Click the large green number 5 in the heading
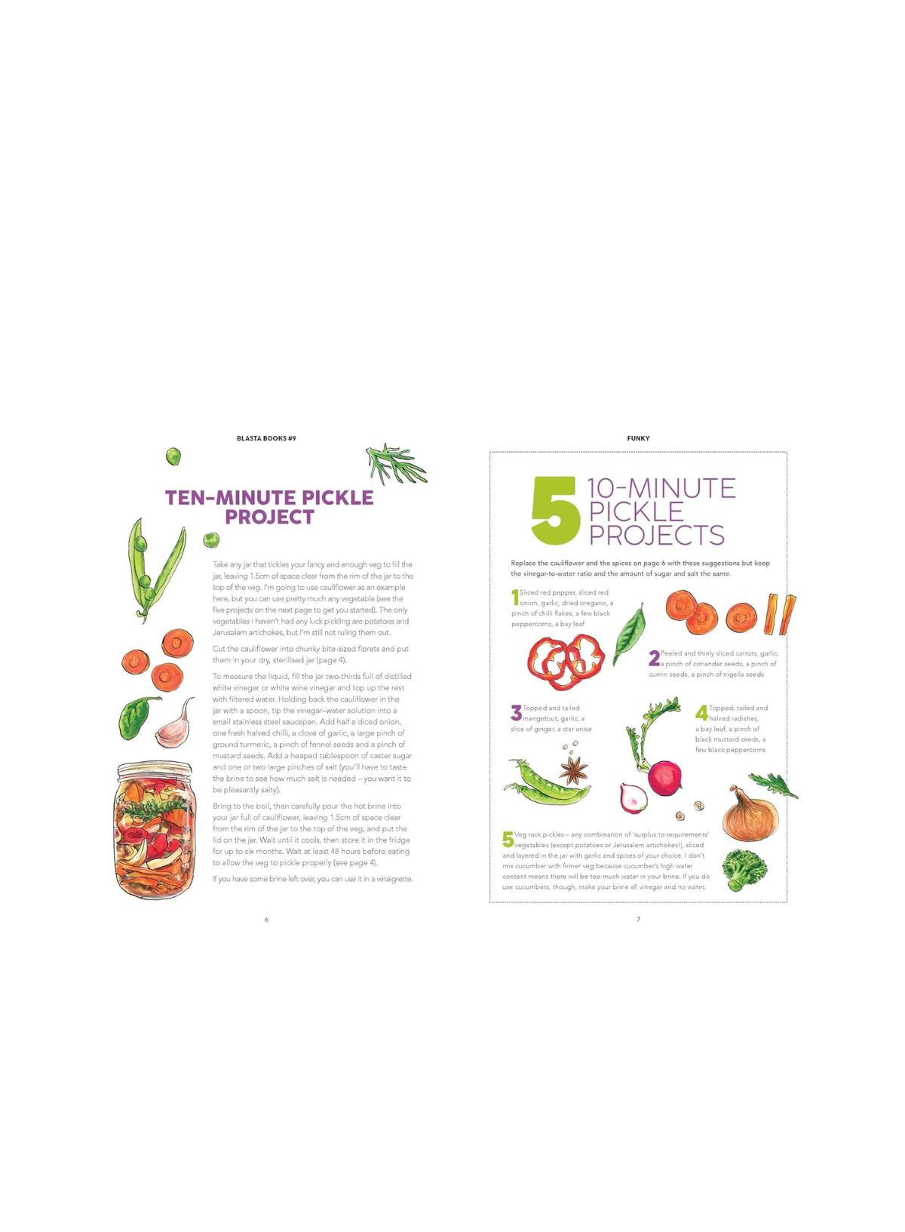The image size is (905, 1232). pos(555,510)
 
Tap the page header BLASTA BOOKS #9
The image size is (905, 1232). pos(266,438)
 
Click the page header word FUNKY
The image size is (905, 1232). pos(638,438)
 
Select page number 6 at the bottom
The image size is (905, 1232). pos(267,919)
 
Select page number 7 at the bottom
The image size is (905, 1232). pos(638,919)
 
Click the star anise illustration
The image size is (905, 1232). pos(573,770)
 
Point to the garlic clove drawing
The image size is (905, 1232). pos(176,723)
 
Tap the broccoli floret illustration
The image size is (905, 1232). pos(744,870)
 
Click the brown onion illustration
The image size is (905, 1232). pos(750,813)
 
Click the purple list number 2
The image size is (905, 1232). pos(654,658)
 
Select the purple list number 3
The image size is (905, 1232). pos(517,714)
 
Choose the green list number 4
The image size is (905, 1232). pos(701,714)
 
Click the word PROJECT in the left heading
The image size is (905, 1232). pos(269,517)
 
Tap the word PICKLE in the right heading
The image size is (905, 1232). pos(636,512)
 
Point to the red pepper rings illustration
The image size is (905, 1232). pos(566,661)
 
